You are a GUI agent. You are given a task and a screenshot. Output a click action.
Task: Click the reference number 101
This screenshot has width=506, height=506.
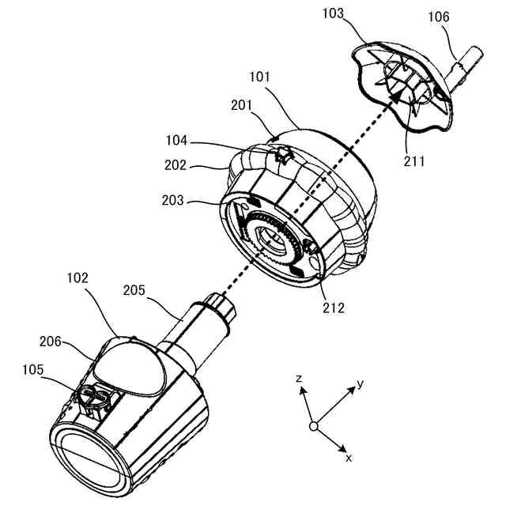pos(259,77)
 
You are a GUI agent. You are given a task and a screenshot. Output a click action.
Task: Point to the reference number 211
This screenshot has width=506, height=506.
pos(413,161)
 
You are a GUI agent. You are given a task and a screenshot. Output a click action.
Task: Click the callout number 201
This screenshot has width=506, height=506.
pos(242,104)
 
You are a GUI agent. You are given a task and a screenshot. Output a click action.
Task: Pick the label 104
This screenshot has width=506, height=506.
pos(176,141)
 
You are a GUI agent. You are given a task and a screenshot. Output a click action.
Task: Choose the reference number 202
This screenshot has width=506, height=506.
pos(175,166)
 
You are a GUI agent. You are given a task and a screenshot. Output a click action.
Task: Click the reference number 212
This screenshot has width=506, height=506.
pos(332,307)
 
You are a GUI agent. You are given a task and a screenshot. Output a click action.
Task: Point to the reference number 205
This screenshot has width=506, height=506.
pos(136,290)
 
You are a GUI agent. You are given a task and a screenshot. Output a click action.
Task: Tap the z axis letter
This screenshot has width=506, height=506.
pos(300,379)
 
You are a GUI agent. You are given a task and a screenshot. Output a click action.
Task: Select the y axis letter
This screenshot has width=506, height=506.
pos(360,384)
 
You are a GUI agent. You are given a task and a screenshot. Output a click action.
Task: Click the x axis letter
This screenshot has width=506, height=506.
pos(349,457)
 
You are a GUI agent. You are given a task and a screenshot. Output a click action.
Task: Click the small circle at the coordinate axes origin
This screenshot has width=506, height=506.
pos(313,426)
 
